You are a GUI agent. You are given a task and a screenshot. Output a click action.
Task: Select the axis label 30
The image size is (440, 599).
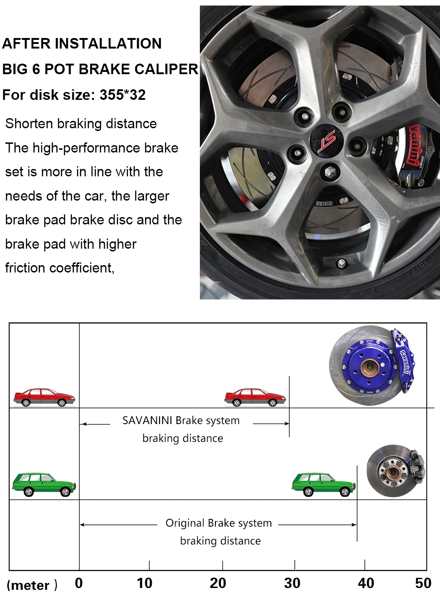292,583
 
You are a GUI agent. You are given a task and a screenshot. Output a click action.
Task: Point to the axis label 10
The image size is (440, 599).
144,583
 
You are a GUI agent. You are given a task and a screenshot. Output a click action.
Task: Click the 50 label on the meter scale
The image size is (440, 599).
423,583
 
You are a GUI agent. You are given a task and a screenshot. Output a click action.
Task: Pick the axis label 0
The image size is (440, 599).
79,583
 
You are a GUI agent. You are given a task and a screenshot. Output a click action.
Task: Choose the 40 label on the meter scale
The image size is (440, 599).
366,583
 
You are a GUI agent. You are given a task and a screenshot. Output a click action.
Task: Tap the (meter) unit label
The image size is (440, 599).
32,585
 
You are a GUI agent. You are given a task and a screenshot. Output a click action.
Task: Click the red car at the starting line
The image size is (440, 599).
44,398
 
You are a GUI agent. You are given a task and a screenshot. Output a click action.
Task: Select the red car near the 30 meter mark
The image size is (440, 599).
255,398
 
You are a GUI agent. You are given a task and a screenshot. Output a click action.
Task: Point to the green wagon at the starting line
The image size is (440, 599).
44,485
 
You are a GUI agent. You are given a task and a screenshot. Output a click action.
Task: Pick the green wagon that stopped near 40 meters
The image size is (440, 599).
324,485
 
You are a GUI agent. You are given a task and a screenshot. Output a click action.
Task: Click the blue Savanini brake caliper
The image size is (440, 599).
404,361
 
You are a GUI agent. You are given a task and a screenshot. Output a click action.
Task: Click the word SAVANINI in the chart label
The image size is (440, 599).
148,421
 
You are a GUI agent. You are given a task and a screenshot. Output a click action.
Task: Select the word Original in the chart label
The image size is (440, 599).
185,523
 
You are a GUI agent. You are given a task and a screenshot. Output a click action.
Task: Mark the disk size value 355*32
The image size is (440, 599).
122,95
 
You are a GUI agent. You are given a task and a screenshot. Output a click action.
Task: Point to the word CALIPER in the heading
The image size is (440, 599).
166,69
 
